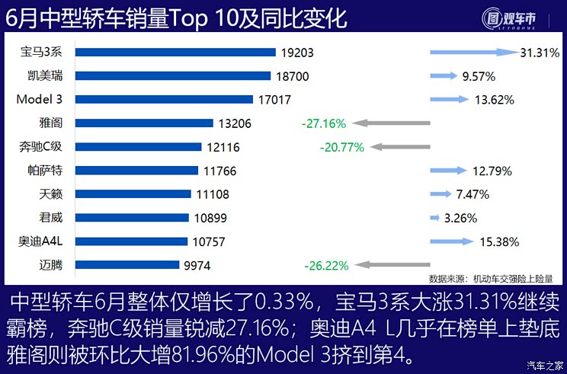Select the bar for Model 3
tap(164, 99)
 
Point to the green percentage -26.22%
tap(326, 266)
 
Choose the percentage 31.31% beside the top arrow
tap(540, 53)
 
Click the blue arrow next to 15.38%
tap(452, 241)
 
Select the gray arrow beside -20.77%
tap(399, 147)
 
